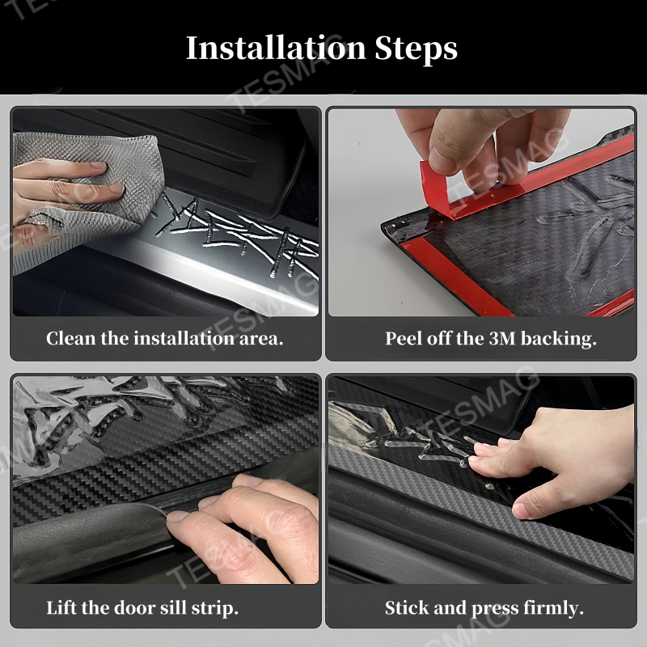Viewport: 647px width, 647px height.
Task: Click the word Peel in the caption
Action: pos(403,338)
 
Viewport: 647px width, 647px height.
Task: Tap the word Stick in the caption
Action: pos(405,607)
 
